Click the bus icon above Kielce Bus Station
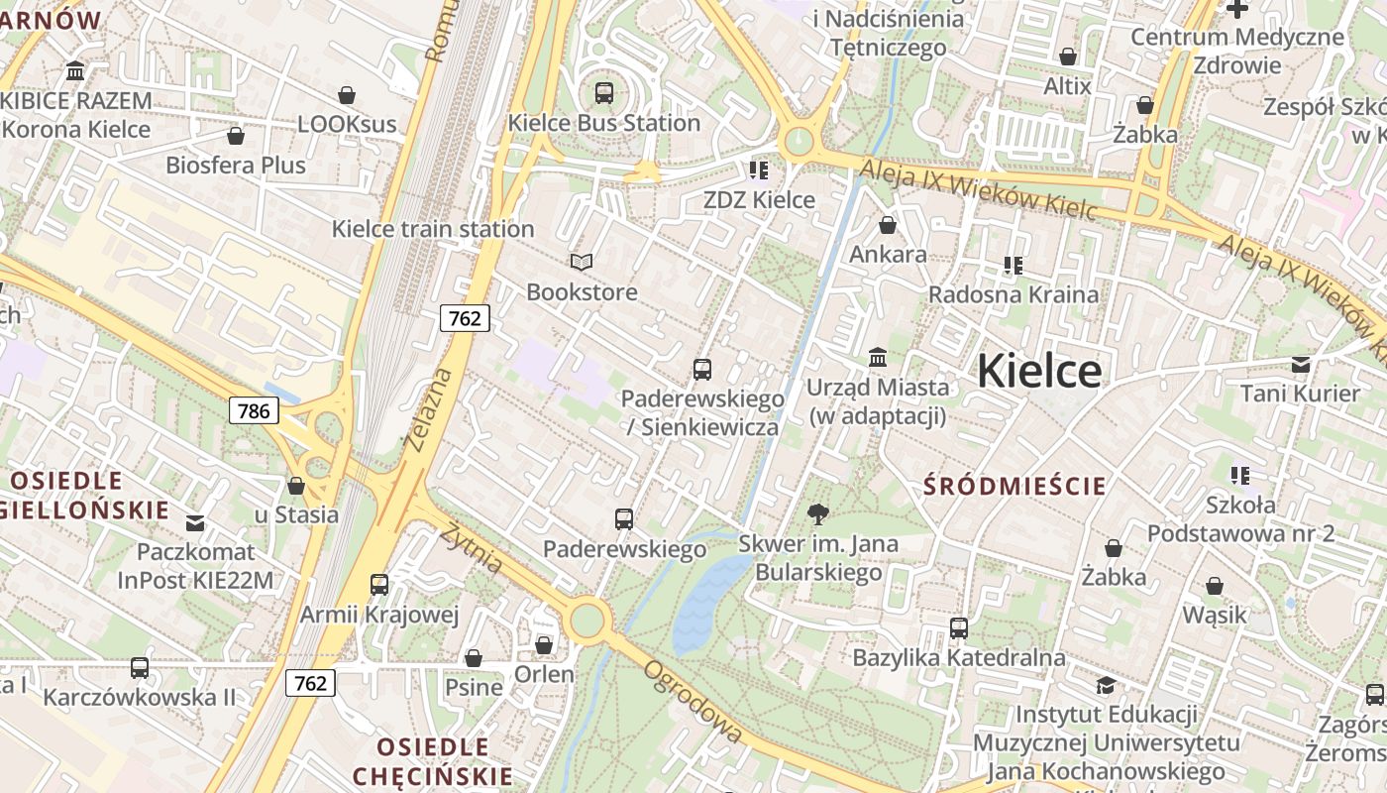tap(604, 93)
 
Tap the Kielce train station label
tap(433, 229)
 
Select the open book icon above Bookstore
tap(582, 263)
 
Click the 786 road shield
tap(254, 409)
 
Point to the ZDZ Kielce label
tap(759, 199)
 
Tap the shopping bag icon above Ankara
tap(888, 226)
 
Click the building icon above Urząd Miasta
tap(878, 357)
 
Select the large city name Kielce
tap(1038, 372)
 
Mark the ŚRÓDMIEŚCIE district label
tap(1014, 486)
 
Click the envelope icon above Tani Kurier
tap(1301, 365)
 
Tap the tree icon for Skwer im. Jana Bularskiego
tap(818, 513)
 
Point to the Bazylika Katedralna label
tap(959, 657)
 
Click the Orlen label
tap(544, 674)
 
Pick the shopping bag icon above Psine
tap(474, 658)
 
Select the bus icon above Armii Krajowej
tap(379, 585)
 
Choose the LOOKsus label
tap(347, 124)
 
